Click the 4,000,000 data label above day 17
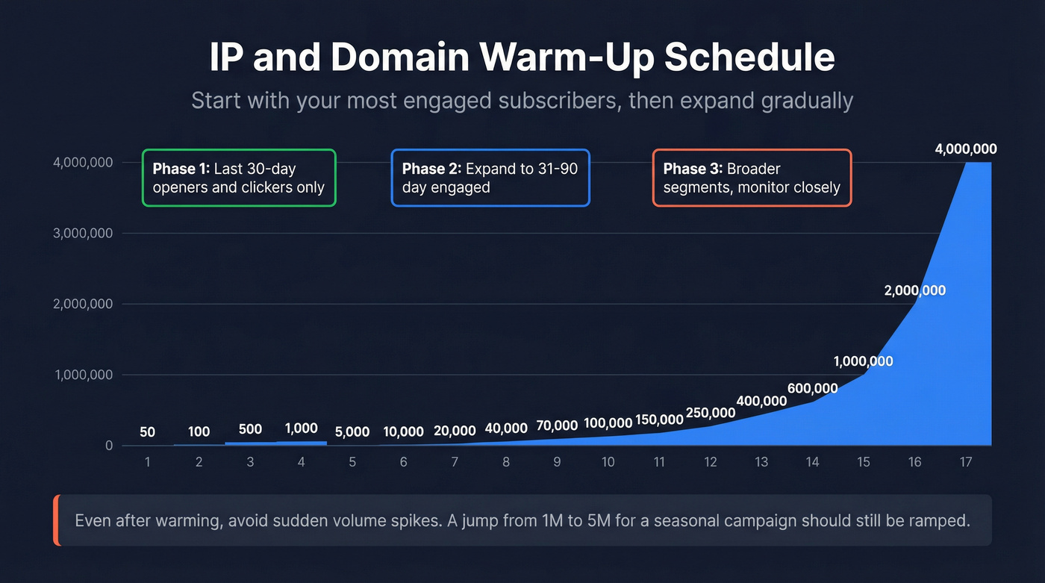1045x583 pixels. point(965,149)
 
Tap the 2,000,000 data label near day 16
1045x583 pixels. point(914,290)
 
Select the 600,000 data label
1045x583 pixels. point(812,389)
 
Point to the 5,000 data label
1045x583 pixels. point(352,431)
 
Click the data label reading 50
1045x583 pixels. point(147,432)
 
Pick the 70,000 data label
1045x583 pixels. point(557,425)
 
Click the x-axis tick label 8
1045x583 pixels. point(506,462)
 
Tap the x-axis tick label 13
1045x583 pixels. point(761,462)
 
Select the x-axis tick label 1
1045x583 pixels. point(147,462)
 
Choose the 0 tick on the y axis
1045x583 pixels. point(109,446)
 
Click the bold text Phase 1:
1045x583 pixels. point(181,169)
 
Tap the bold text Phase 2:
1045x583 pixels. point(431,169)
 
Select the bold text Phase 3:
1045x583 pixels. point(693,169)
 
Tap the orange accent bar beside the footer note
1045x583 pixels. point(56,520)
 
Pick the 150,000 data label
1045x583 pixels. point(659,420)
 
